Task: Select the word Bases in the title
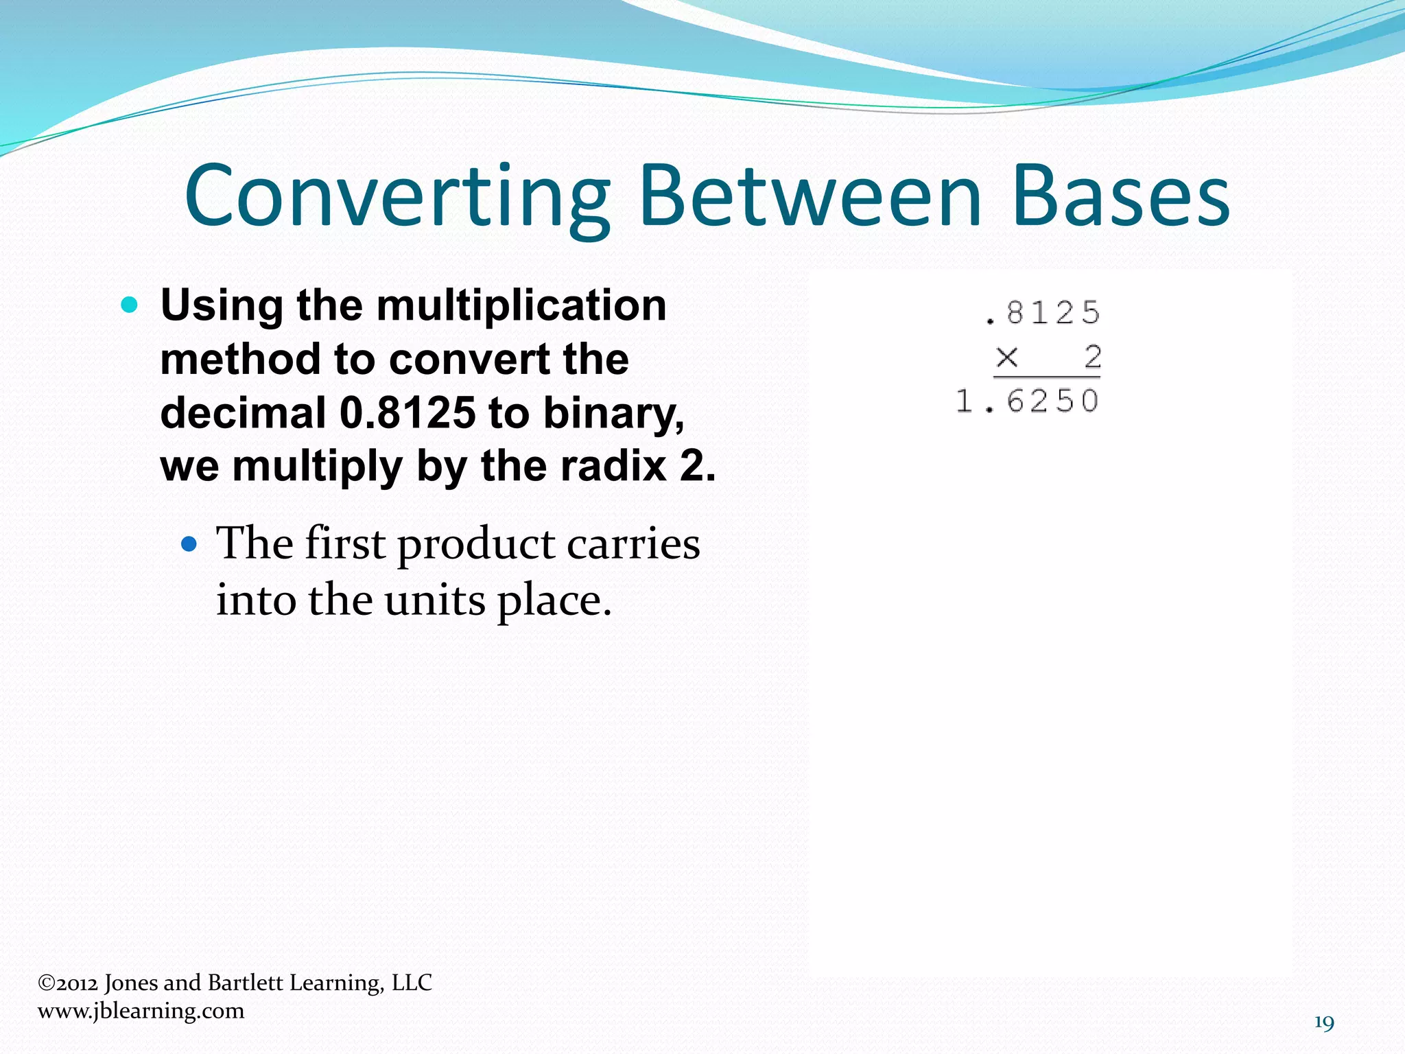[1121, 197]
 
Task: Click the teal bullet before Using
[129, 305]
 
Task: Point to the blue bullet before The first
[189, 545]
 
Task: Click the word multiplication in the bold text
[521, 305]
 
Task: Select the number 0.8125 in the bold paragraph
[408, 413]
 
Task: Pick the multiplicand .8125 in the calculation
[1043, 314]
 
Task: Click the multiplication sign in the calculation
[1007, 358]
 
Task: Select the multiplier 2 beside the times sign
[1092, 358]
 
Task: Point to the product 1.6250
[1028, 401]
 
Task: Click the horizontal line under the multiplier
[1047, 377]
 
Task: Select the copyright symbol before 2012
[47, 983]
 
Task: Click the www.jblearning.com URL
[141, 1011]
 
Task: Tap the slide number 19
[1324, 1023]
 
